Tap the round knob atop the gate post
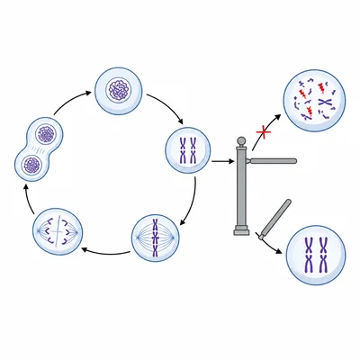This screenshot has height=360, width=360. click(240, 141)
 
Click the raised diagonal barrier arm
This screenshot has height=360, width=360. click(274, 217)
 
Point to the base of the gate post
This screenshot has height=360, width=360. click(240, 231)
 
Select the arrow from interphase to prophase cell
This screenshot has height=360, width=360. click(166, 106)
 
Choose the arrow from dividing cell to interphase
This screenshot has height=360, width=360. click(67, 105)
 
